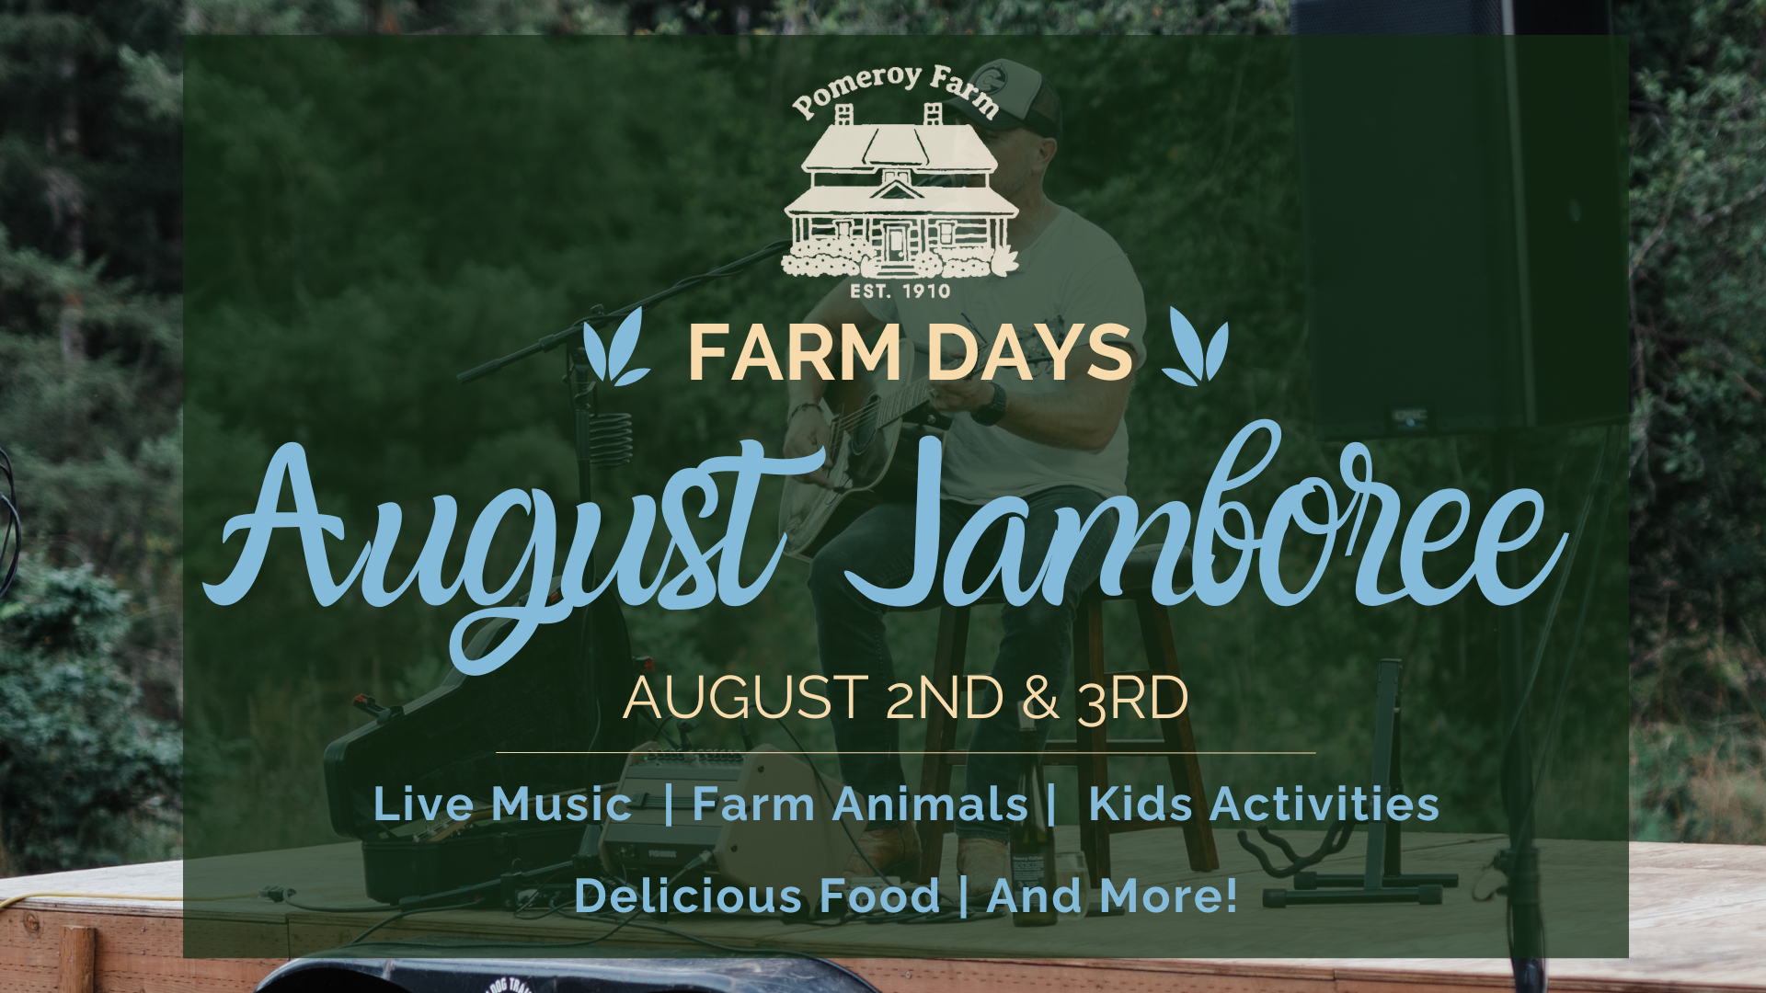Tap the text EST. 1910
click(x=900, y=291)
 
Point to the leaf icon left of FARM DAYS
click(x=615, y=347)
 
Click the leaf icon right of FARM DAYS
click(x=1195, y=347)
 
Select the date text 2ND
click(x=944, y=699)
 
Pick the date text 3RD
click(x=1132, y=699)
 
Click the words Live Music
click(x=502, y=804)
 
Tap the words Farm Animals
click(x=860, y=804)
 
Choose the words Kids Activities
click(x=1264, y=804)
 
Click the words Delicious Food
click(x=756, y=896)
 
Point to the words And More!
click(x=1112, y=896)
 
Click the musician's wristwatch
click(x=990, y=405)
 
